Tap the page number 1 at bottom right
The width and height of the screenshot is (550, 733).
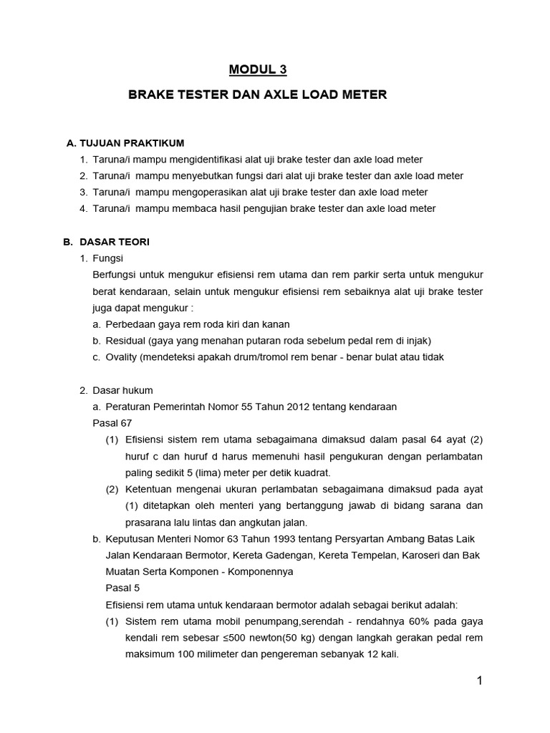[x=480, y=681]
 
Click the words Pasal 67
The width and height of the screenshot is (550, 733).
[x=107, y=423]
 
